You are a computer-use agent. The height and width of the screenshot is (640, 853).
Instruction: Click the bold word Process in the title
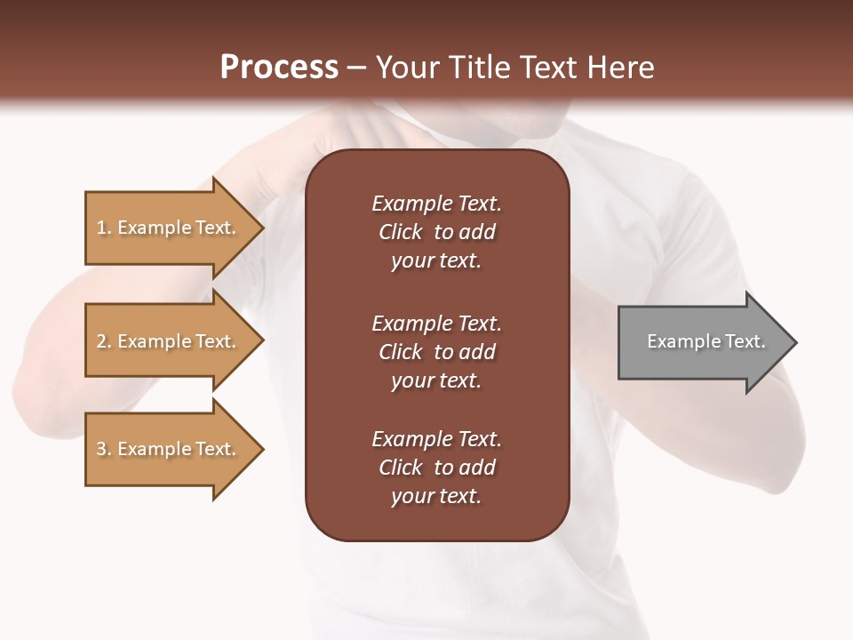click(x=279, y=67)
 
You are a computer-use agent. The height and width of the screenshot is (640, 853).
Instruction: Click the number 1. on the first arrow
click(x=104, y=228)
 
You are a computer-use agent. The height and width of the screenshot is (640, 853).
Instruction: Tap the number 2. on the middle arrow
click(x=104, y=341)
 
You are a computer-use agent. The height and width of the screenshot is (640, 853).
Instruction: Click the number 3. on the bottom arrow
click(x=104, y=449)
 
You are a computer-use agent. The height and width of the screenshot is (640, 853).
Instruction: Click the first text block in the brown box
click(x=436, y=232)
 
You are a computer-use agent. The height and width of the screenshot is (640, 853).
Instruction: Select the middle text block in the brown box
click(x=436, y=351)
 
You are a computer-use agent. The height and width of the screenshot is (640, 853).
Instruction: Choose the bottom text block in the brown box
click(x=436, y=468)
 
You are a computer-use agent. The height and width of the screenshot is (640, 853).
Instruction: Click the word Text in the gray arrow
click(x=745, y=341)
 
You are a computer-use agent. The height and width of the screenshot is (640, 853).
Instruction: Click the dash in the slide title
click(x=357, y=68)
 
